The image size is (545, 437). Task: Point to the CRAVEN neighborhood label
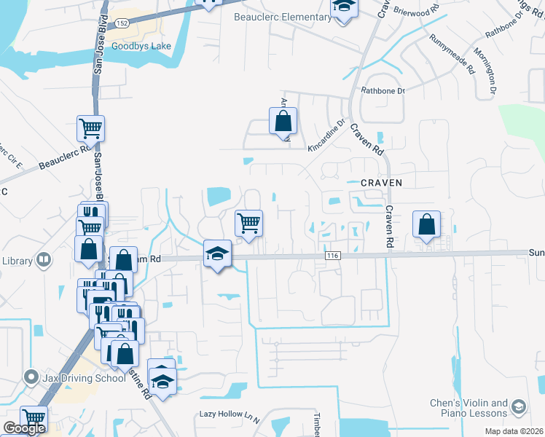click(382, 181)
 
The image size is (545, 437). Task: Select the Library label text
click(15, 260)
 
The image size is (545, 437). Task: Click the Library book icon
click(44, 259)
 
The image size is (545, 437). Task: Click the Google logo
click(24, 428)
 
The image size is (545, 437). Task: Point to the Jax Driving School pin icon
click(31, 377)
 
